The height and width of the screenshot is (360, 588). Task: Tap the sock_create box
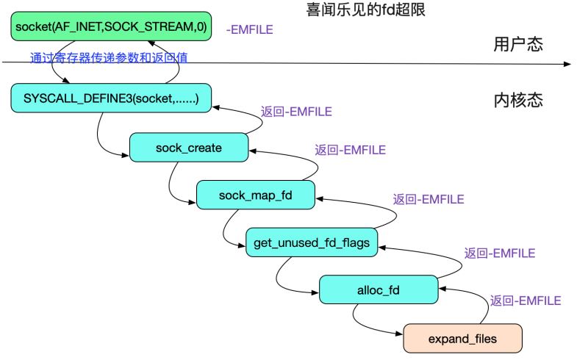188,148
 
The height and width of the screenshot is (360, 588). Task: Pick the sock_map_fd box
255,194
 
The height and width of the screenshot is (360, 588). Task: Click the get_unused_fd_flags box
312,242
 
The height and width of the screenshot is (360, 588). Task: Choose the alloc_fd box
379,289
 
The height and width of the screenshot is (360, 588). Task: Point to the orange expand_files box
462,339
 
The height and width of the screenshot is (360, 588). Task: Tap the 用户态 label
517,44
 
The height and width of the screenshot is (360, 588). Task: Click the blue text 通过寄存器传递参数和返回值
109,57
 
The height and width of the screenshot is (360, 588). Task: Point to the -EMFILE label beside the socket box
250,30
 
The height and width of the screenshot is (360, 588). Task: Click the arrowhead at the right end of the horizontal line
567,65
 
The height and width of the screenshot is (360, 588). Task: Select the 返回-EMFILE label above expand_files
526,300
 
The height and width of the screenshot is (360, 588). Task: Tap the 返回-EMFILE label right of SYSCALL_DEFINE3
296,112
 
